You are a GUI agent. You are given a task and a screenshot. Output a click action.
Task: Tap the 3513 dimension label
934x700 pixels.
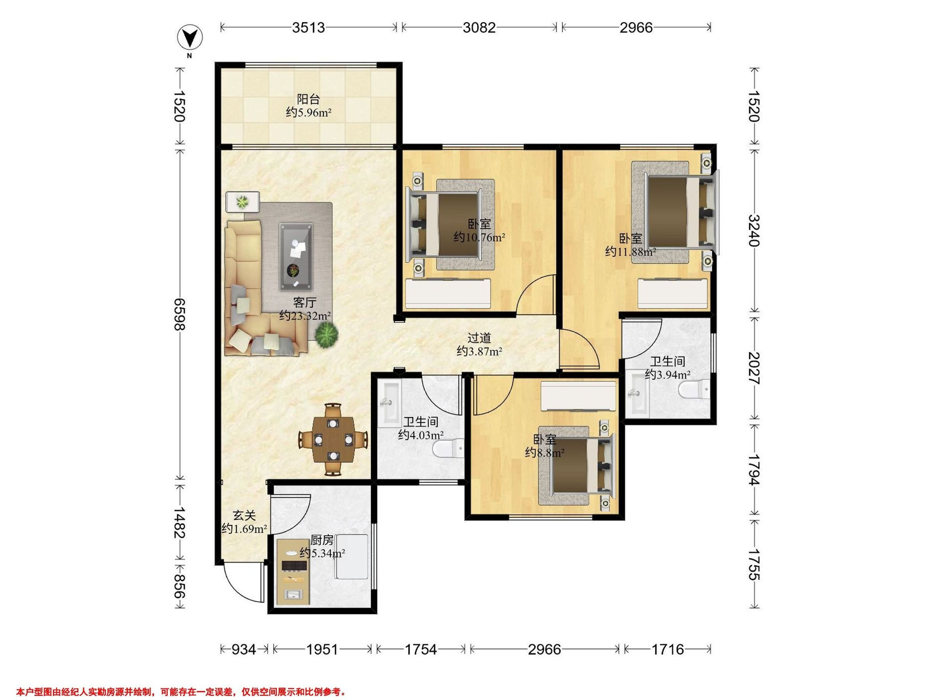tap(309, 28)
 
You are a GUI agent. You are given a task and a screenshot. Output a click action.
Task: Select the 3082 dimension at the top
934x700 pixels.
tap(479, 28)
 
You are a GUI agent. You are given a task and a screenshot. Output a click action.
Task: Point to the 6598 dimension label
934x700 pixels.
tap(180, 314)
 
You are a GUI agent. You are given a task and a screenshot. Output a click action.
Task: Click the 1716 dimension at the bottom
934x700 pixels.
tap(667, 649)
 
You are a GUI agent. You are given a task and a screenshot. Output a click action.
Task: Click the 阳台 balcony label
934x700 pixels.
tap(308, 100)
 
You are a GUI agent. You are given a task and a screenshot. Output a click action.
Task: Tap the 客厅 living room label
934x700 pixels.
tap(305, 303)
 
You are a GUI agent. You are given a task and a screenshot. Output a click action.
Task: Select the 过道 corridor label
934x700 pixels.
tap(479, 338)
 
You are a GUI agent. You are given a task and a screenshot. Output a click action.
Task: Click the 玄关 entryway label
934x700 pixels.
tap(244, 515)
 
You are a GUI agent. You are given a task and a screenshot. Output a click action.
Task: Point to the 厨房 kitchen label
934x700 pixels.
tap(322, 540)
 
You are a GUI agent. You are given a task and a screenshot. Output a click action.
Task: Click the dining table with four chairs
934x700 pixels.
tap(334, 439)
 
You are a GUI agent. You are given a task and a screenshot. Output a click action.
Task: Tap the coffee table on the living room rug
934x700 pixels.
tap(296, 257)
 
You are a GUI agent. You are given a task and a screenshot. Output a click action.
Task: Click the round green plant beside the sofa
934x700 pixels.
tap(326, 334)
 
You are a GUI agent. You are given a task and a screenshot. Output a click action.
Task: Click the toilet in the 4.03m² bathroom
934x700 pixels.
tap(448, 448)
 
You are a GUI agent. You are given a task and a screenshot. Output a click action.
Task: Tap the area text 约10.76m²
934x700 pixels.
tap(480, 238)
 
